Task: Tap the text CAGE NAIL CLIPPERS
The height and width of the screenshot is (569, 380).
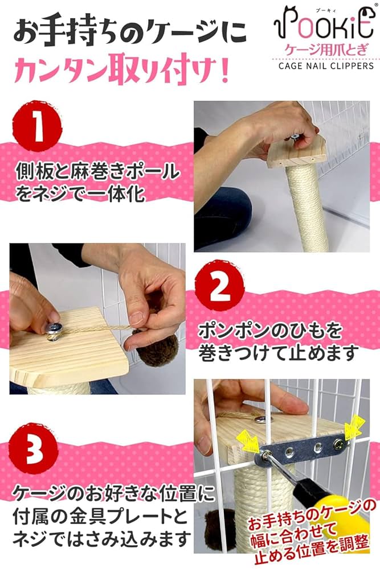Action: click(x=326, y=66)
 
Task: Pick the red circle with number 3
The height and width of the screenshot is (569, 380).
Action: click(x=33, y=449)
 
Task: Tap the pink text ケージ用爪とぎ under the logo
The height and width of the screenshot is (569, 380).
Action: click(x=326, y=50)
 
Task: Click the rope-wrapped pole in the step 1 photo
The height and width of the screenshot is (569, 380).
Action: click(x=307, y=204)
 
